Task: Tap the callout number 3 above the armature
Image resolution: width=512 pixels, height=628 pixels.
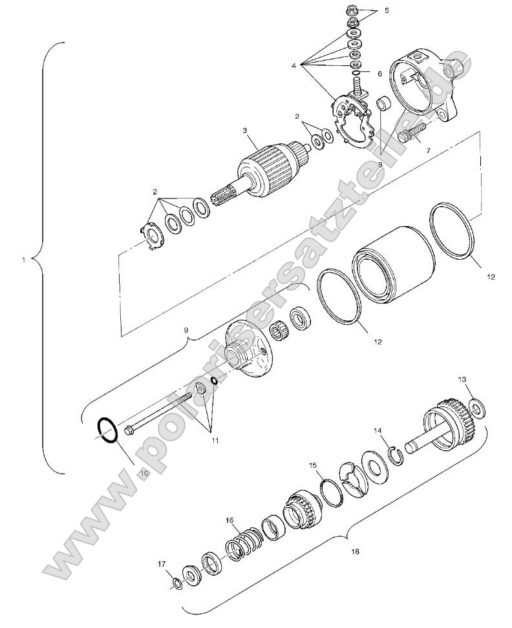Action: click(245, 131)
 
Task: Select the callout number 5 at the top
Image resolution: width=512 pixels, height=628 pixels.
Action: click(387, 11)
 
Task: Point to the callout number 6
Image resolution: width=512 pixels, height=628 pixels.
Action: click(379, 74)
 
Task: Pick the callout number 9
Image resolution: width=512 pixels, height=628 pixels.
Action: click(186, 330)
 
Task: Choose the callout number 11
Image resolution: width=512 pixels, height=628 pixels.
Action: click(215, 441)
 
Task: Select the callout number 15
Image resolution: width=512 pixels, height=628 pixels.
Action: click(313, 465)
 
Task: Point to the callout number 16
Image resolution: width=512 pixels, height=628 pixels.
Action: click(229, 520)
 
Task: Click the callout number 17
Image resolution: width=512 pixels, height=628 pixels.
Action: click(162, 564)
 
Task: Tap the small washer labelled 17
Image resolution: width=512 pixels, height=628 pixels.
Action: click(176, 585)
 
